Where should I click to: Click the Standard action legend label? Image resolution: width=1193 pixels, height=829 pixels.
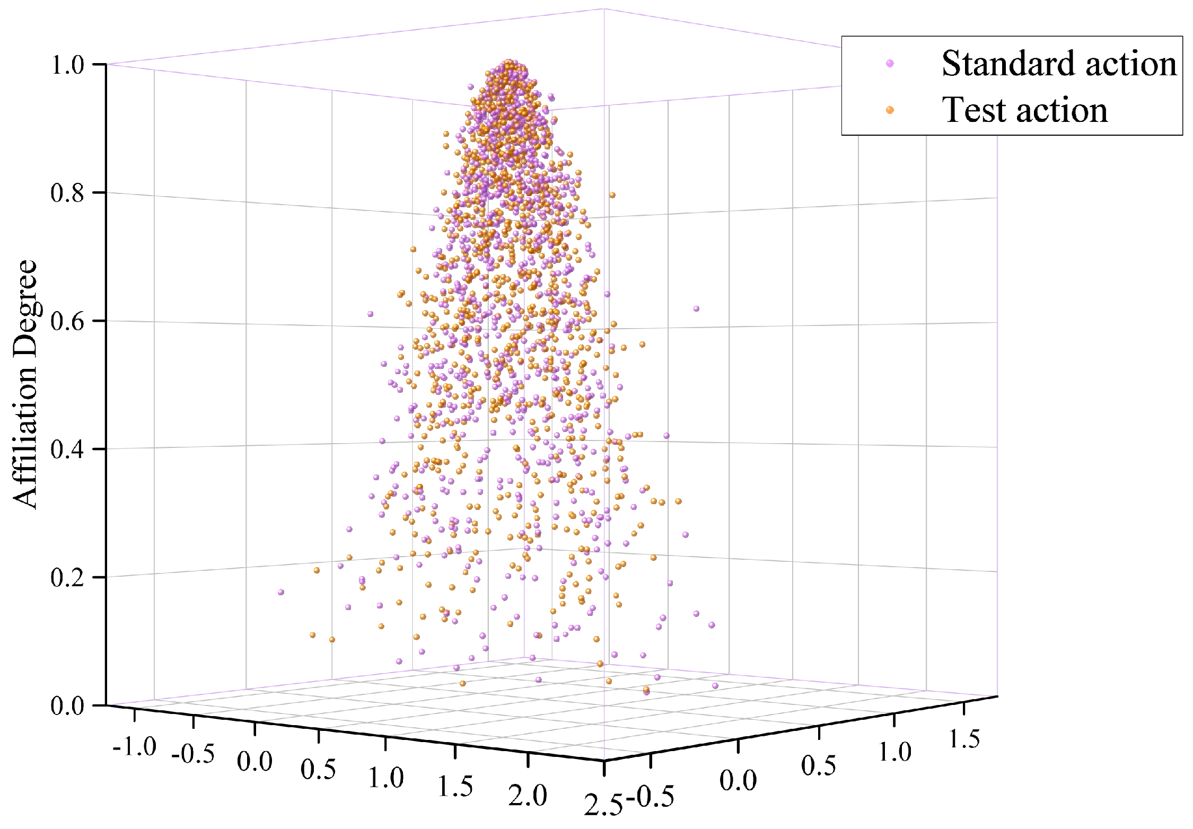tap(1058, 64)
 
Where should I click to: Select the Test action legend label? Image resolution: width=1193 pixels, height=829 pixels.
tap(1024, 110)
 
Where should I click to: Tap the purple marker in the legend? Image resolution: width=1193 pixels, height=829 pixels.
tap(890, 64)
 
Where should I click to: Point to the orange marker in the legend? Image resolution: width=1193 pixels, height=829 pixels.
tap(890, 110)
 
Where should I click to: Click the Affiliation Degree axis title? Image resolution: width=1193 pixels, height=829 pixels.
tap(25, 384)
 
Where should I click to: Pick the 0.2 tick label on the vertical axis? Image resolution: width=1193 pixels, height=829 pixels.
tap(67, 578)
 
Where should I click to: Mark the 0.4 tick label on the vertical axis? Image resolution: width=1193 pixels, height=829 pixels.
tap(67, 449)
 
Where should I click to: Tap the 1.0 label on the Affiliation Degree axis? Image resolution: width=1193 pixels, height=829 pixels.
tap(67, 65)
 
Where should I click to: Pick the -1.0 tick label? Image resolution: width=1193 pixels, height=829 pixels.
tap(135, 747)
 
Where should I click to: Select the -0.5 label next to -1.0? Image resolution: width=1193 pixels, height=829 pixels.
tap(193, 754)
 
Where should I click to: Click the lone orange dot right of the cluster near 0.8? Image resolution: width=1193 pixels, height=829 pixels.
tap(612, 195)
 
